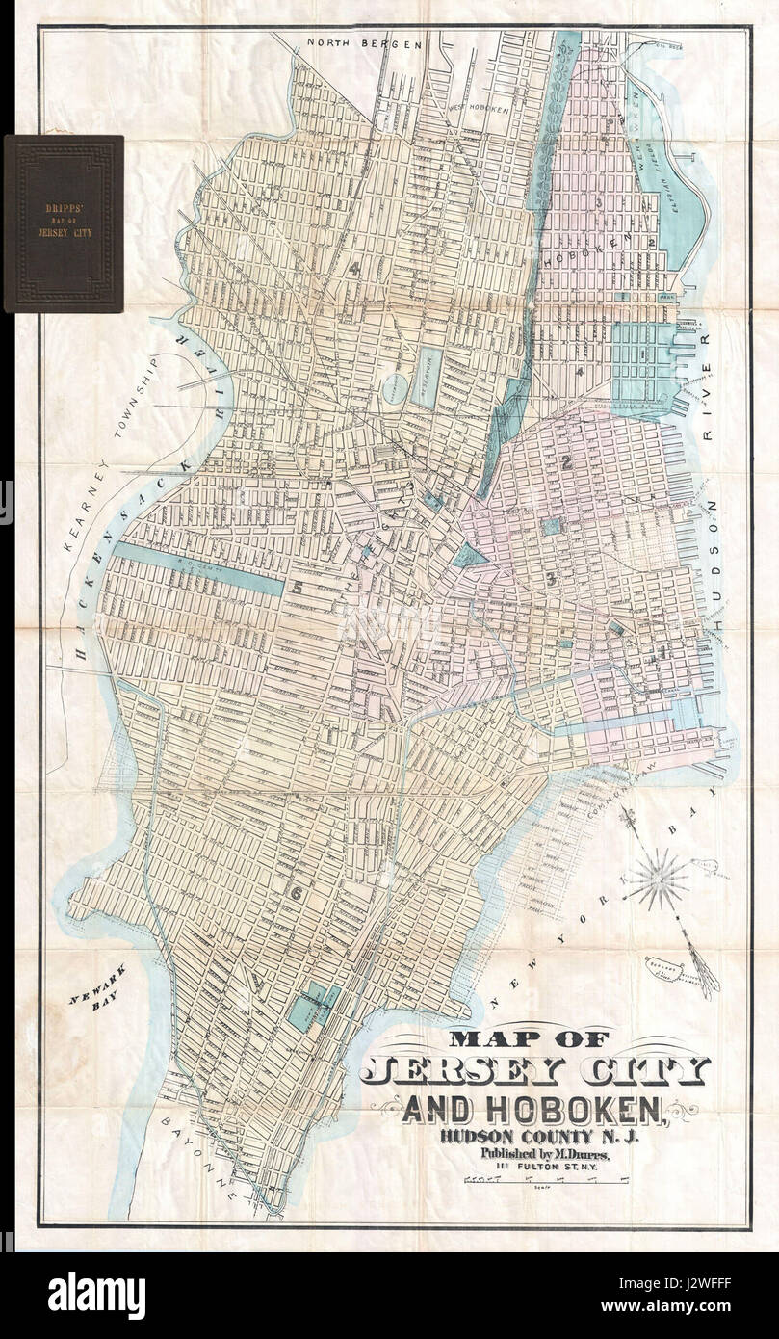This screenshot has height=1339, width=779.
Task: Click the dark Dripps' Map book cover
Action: coord(64,223)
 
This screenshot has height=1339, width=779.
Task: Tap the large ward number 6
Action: coord(297,893)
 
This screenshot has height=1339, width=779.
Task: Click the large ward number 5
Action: coord(299,587)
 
